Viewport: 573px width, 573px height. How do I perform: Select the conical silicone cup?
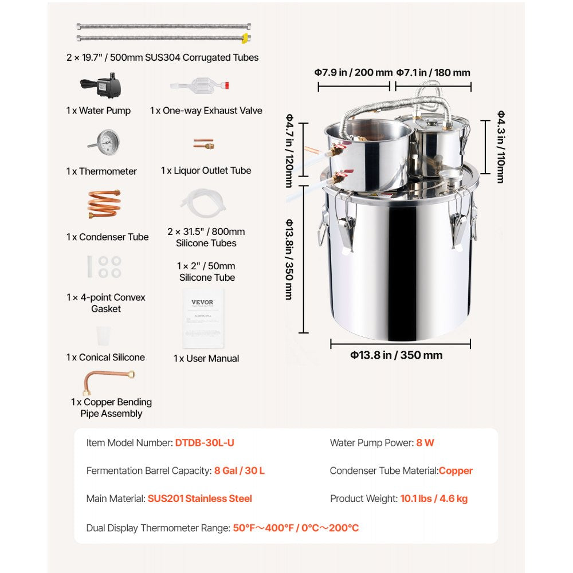pos(103,335)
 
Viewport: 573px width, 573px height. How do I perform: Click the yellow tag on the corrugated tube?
pos(246,39)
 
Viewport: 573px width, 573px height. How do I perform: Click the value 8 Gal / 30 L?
pos(240,470)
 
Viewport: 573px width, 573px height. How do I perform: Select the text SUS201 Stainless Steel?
pos(199,499)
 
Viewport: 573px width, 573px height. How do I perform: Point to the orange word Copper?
pos(456,470)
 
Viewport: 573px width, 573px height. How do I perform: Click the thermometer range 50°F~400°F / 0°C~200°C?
pos(296,528)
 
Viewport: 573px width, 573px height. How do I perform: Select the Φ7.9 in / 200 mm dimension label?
pos(353,73)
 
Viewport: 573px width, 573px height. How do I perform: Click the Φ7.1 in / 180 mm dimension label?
pos(434,73)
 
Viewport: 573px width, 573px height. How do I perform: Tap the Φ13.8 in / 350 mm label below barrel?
pos(397,355)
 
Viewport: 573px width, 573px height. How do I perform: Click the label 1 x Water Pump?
pos(98,111)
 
